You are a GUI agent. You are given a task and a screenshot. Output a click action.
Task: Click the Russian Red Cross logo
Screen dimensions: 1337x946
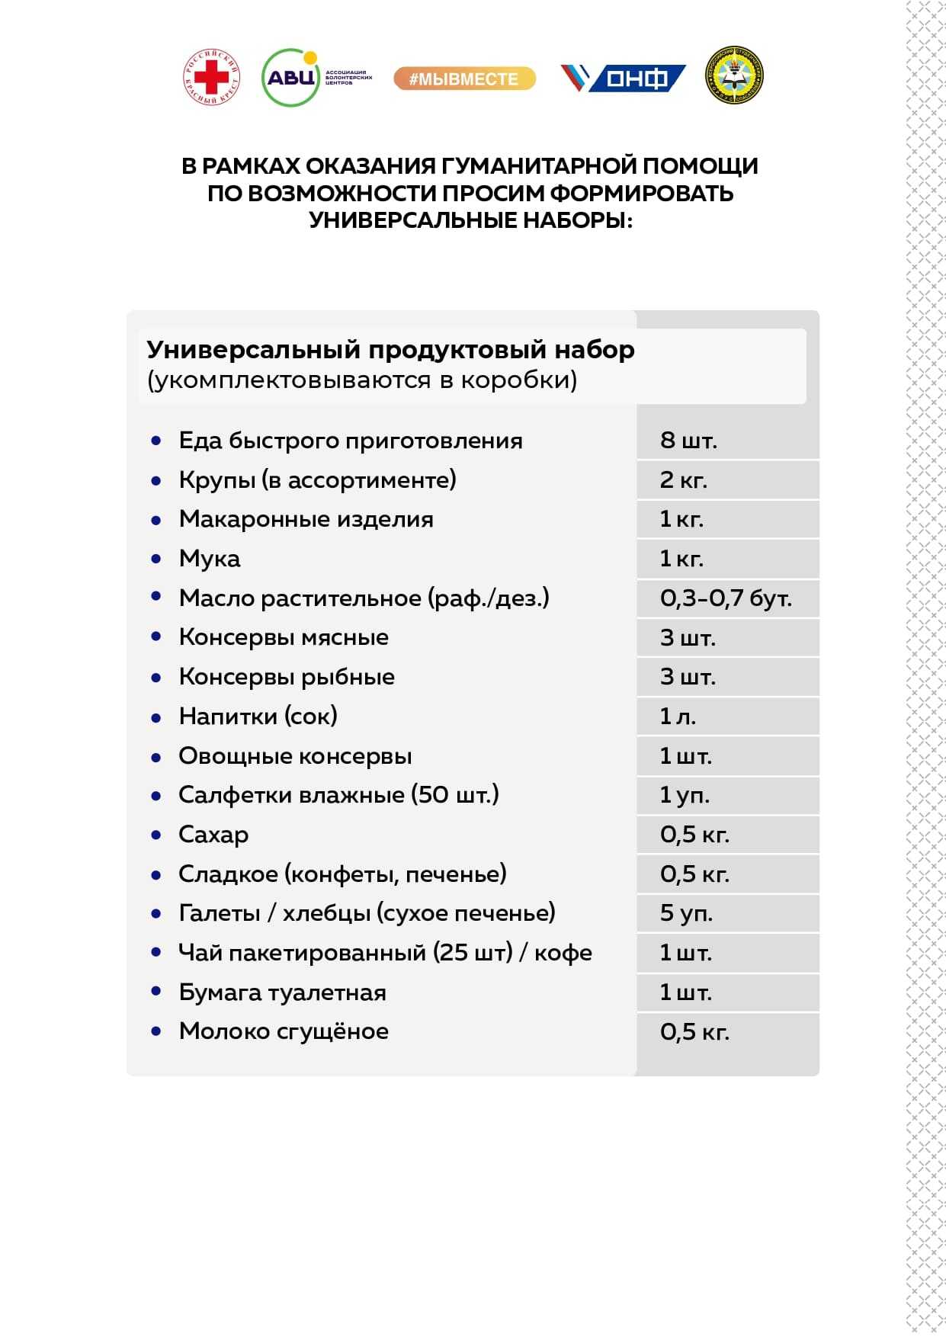pos(211,77)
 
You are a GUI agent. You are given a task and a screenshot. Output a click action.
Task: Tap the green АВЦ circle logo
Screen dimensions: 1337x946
pos(290,78)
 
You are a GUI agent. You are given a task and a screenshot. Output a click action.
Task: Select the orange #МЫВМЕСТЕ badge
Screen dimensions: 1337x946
pos(464,79)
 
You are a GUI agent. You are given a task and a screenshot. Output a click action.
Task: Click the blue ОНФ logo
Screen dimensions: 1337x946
pos(623,78)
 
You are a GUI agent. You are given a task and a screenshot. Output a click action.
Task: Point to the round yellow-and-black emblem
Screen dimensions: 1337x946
pos(734,75)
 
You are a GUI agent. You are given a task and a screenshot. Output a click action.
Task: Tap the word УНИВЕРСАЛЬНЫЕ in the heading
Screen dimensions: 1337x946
pos(412,220)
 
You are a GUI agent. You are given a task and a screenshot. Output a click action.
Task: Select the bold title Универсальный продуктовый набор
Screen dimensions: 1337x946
pos(390,349)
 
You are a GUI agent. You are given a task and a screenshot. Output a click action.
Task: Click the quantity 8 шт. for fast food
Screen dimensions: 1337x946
pos(688,440)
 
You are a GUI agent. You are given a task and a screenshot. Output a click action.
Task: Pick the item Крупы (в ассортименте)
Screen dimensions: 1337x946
pos(317,479)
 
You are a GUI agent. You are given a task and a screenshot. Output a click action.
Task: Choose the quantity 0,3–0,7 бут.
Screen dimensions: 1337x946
pos(726,598)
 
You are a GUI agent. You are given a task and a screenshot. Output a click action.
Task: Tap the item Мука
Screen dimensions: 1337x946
pos(210,559)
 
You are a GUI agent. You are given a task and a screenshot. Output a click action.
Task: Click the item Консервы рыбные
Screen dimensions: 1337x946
pos(287,677)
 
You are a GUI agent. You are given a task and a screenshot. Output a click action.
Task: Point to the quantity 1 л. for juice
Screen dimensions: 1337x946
pos(678,717)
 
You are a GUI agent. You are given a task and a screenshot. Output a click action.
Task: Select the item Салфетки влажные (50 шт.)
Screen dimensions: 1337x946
pos(338,795)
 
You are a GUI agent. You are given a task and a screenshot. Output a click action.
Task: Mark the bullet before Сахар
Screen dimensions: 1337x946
pos(156,835)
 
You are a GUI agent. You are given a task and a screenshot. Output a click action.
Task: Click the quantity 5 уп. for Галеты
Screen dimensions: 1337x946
pos(686,913)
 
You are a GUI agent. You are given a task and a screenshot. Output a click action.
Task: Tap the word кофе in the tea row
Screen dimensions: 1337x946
pos(563,953)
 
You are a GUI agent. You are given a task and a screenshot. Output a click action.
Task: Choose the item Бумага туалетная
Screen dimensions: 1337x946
pos(282,992)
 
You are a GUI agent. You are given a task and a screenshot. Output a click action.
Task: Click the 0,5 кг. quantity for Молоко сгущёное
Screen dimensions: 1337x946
pos(694,1032)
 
